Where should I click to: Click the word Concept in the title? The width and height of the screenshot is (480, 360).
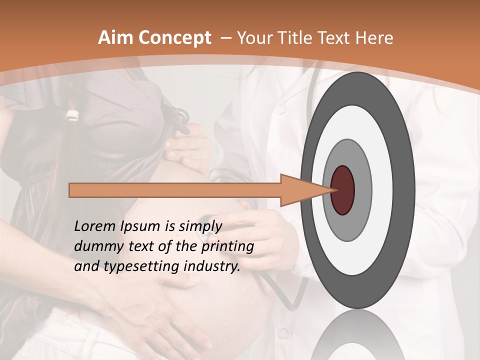[175, 38]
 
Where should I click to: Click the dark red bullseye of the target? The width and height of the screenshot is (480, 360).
[342, 190]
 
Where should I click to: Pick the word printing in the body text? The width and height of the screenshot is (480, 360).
[227, 246]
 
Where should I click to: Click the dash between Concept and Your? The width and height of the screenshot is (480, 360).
[225, 38]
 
